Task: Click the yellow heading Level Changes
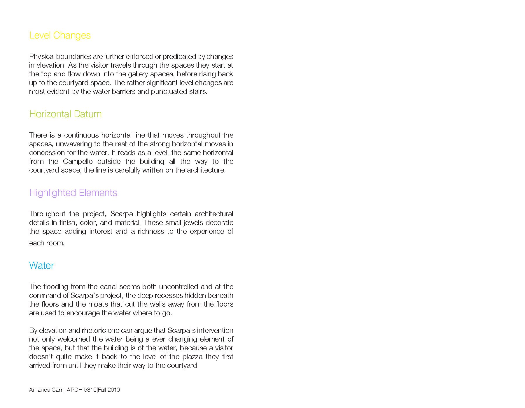point(60,35)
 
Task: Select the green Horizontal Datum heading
point(65,114)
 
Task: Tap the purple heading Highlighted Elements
point(73,193)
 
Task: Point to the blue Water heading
point(41,265)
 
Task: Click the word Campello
point(78,161)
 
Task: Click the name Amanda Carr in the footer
point(46,390)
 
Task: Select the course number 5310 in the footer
point(90,390)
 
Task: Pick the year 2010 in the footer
point(114,390)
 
